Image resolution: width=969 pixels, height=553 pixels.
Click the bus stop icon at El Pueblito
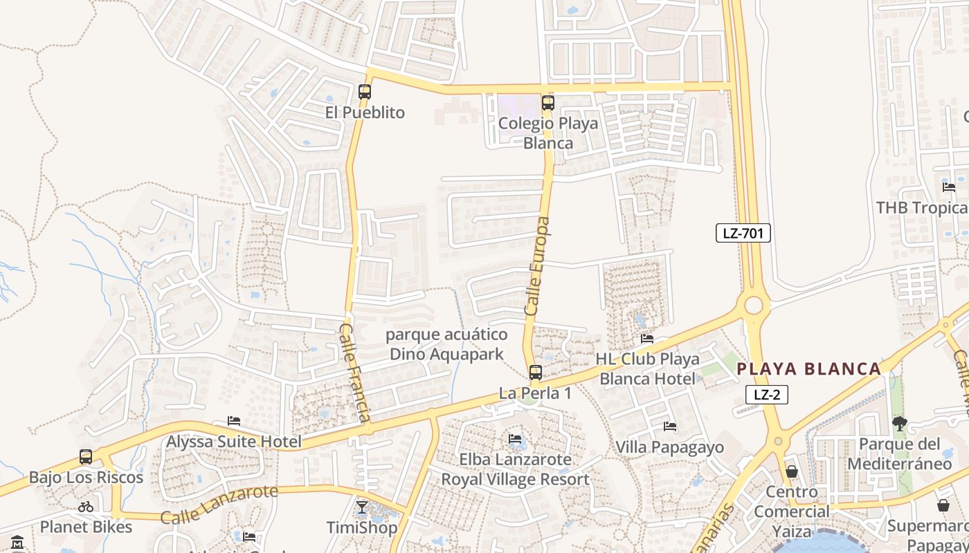point(365,91)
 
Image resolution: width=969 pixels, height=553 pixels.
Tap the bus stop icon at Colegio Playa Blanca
point(548,103)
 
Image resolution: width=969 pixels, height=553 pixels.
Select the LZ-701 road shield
point(743,233)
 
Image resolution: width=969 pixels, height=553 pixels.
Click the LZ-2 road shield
point(767,395)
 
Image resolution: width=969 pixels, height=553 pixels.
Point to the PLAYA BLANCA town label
point(808,368)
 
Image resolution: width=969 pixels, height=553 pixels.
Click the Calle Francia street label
point(355,372)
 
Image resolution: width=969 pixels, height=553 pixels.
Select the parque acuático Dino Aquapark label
point(446,344)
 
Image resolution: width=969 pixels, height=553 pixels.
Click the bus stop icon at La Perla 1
point(536,373)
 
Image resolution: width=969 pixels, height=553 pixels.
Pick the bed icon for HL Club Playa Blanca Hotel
point(647,339)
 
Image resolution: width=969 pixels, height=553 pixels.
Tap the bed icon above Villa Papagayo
point(669,427)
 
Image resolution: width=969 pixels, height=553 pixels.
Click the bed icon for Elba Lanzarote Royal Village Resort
point(515,438)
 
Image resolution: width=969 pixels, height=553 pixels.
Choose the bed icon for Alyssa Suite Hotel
point(234,421)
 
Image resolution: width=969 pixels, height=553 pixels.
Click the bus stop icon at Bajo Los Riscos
point(86,457)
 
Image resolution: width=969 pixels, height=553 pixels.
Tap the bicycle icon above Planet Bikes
point(86,507)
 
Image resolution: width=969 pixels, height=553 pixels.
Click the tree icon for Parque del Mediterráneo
point(899,424)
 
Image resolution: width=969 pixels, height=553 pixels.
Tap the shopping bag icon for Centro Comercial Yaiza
point(792,471)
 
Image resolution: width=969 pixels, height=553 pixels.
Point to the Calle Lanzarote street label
point(219,504)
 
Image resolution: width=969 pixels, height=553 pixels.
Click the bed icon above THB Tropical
point(948,187)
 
